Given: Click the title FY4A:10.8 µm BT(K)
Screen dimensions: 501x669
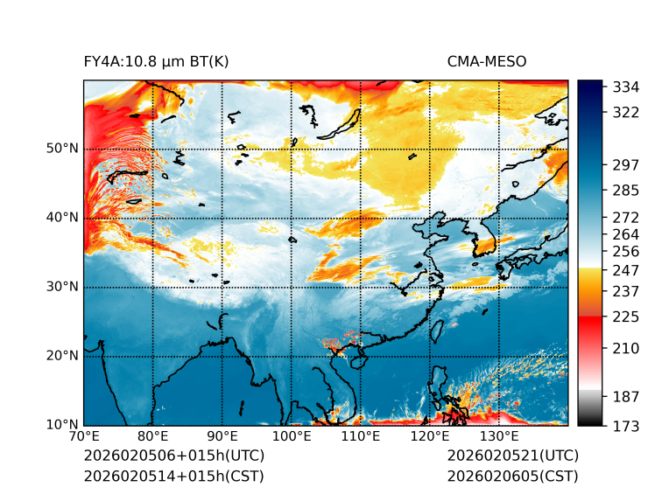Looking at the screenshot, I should click(156, 61).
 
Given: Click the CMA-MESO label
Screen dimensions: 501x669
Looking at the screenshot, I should click(487, 61).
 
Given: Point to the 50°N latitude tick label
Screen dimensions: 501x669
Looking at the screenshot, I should click(61, 149).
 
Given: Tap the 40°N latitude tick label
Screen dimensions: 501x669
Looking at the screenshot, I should click(61, 218).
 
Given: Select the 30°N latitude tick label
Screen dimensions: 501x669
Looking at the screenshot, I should click(61, 287).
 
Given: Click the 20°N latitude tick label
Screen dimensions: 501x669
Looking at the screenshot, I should click(61, 356).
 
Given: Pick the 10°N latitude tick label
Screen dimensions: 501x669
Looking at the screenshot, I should click(61, 425).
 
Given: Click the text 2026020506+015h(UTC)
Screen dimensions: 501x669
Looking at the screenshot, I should click(173, 456).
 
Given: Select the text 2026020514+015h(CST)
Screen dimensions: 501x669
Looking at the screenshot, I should click(173, 477).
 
